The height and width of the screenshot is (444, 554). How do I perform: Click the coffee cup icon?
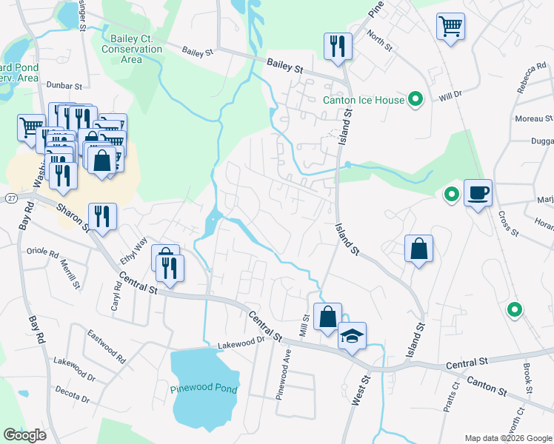(x=478, y=194)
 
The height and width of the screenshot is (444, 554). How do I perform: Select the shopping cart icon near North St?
(x=450, y=27)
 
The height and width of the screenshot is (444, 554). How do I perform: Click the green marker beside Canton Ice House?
(x=416, y=98)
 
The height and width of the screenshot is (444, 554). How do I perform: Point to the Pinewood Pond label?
(x=204, y=388)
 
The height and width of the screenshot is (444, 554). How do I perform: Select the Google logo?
(x=24, y=435)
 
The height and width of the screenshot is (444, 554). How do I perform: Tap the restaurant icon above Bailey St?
(x=337, y=46)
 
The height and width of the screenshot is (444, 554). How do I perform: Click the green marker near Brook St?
(x=513, y=310)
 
